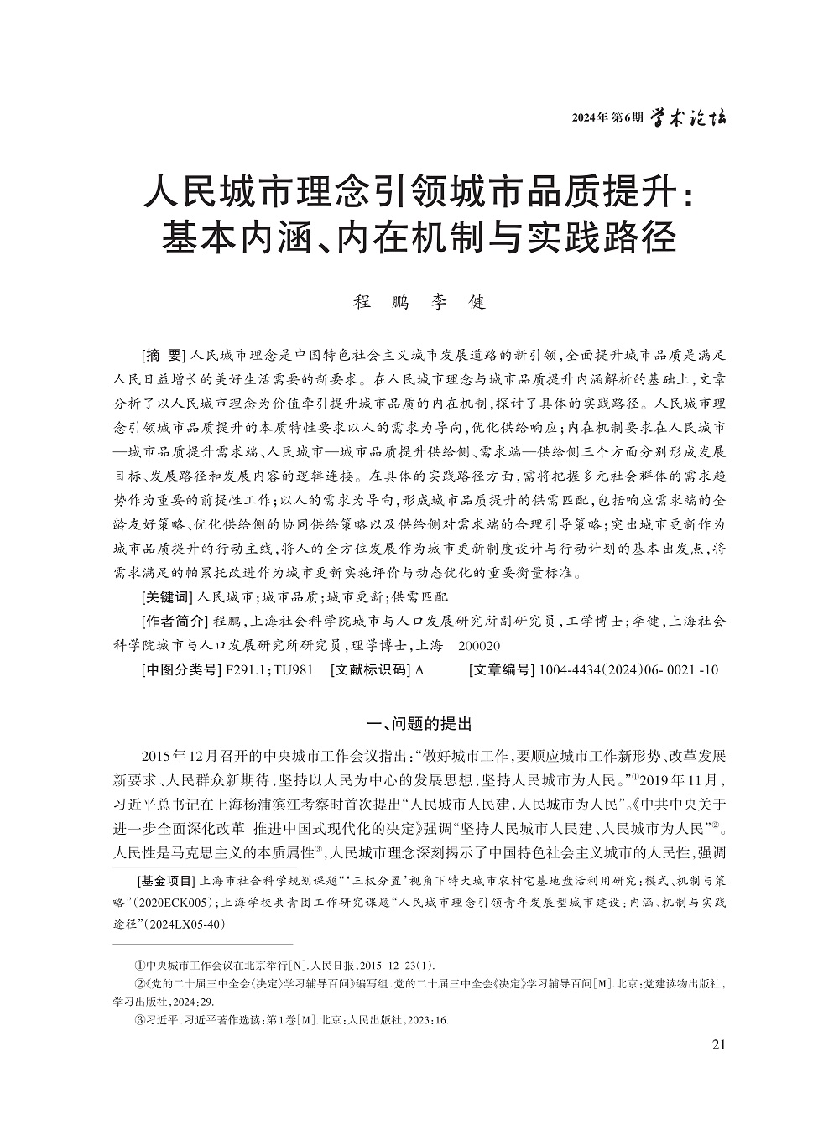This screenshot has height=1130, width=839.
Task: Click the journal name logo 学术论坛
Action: point(690,117)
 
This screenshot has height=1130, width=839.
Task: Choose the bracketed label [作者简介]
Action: point(174,622)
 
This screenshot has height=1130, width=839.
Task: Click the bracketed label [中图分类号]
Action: point(178,670)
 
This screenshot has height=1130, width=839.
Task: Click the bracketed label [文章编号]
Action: point(501,670)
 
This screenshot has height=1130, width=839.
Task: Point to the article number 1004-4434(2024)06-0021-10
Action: point(628,670)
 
